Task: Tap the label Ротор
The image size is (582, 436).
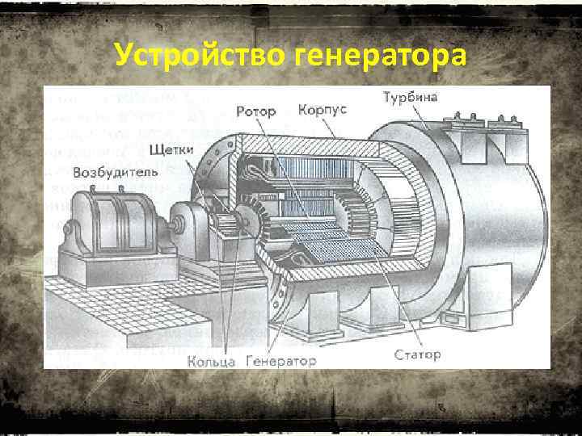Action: tap(255, 110)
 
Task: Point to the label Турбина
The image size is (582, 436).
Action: tap(411, 98)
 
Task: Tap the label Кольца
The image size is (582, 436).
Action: tap(211, 361)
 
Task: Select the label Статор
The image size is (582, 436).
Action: tap(417, 354)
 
